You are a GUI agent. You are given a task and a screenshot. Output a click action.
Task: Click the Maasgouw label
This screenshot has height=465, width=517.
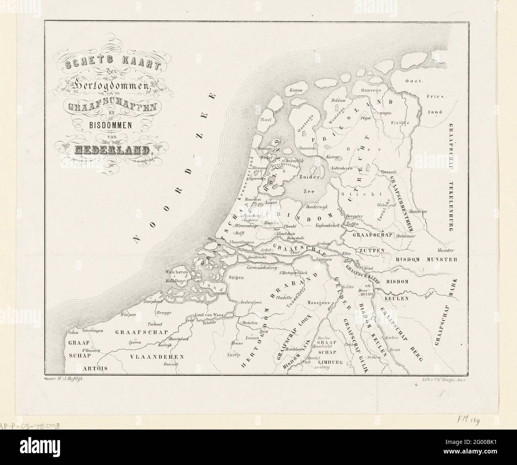click(x=316, y=302)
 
